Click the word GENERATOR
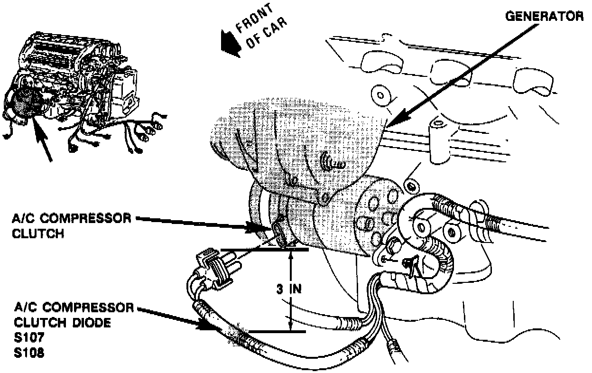(x=544, y=17)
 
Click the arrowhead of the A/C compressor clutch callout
(x=259, y=228)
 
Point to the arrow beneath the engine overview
(x=43, y=142)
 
